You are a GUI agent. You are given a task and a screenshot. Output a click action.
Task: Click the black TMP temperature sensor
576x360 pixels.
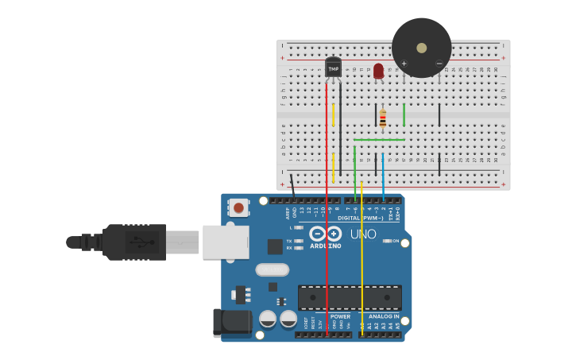click(x=333, y=68)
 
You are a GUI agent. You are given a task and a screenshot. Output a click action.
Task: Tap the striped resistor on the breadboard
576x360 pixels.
click(x=382, y=119)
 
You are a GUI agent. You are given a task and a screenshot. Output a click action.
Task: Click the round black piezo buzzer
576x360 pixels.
click(x=421, y=48)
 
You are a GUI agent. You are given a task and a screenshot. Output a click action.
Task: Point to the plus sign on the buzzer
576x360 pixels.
click(x=404, y=64)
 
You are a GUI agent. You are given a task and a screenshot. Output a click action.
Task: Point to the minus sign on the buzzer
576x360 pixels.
click(x=439, y=64)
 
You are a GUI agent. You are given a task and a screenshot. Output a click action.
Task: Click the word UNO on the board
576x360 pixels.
click(x=363, y=234)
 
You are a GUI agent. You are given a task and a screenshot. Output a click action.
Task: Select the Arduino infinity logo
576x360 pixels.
click(x=325, y=234)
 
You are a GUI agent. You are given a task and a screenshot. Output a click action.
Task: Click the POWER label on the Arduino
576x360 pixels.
click(x=340, y=316)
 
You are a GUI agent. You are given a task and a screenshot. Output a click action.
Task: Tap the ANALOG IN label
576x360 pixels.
click(x=384, y=316)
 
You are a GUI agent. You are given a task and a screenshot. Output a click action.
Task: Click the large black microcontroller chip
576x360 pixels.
click(x=350, y=297)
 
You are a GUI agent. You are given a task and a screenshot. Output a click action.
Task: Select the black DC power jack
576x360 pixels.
click(x=230, y=322)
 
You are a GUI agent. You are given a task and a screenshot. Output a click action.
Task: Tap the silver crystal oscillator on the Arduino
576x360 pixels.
click(x=272, y=269)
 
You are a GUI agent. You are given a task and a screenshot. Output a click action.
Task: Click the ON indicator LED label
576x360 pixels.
click(x=395, y=241)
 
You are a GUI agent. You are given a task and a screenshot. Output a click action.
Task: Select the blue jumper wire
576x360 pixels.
click(x=383, y=175)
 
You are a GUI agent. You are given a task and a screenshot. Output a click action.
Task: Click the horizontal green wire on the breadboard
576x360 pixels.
click(x=379, y=140)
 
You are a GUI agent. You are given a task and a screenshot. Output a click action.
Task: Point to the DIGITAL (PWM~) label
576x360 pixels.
click(x=360, y=218)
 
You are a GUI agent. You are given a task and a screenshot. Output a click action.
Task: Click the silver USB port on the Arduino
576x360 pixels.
click(x=226, y=242)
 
